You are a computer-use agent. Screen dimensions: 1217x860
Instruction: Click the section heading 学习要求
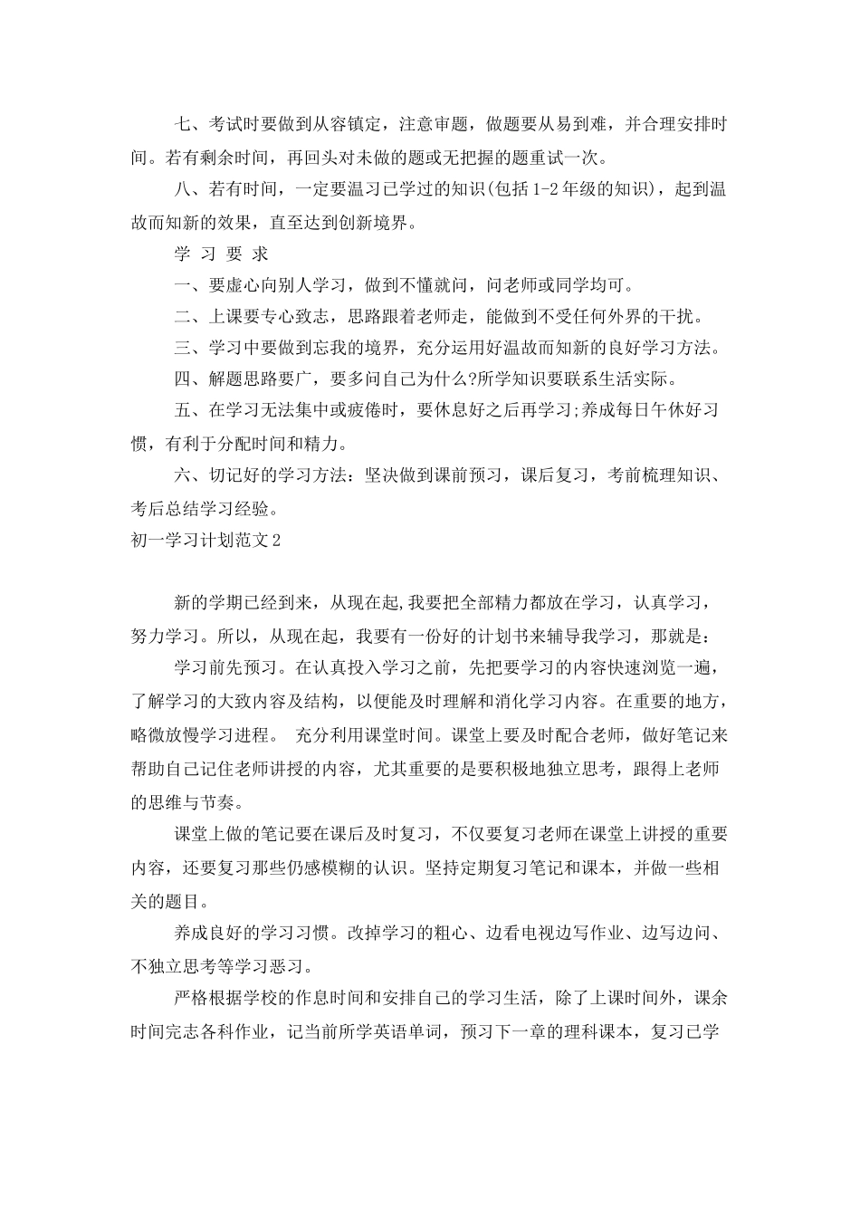point(221,254)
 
